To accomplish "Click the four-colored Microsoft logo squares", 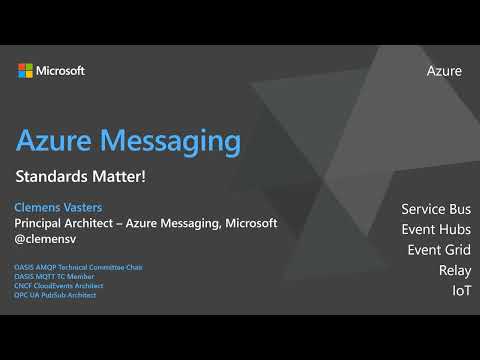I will point(25,70).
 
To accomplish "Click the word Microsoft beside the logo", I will point(60,70).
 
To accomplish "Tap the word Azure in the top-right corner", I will point(444,71).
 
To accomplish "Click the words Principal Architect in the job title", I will point(68,223).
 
